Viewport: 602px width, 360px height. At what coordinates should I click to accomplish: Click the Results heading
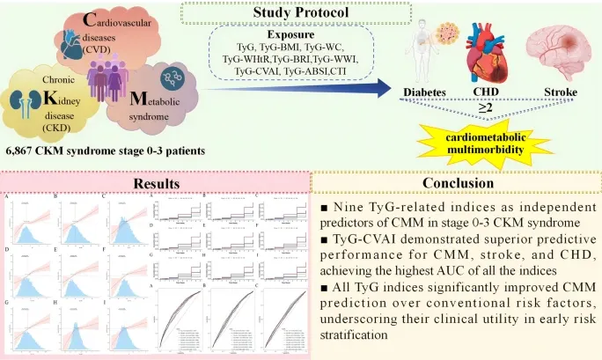pyautogui.click(x=155, y=184)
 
